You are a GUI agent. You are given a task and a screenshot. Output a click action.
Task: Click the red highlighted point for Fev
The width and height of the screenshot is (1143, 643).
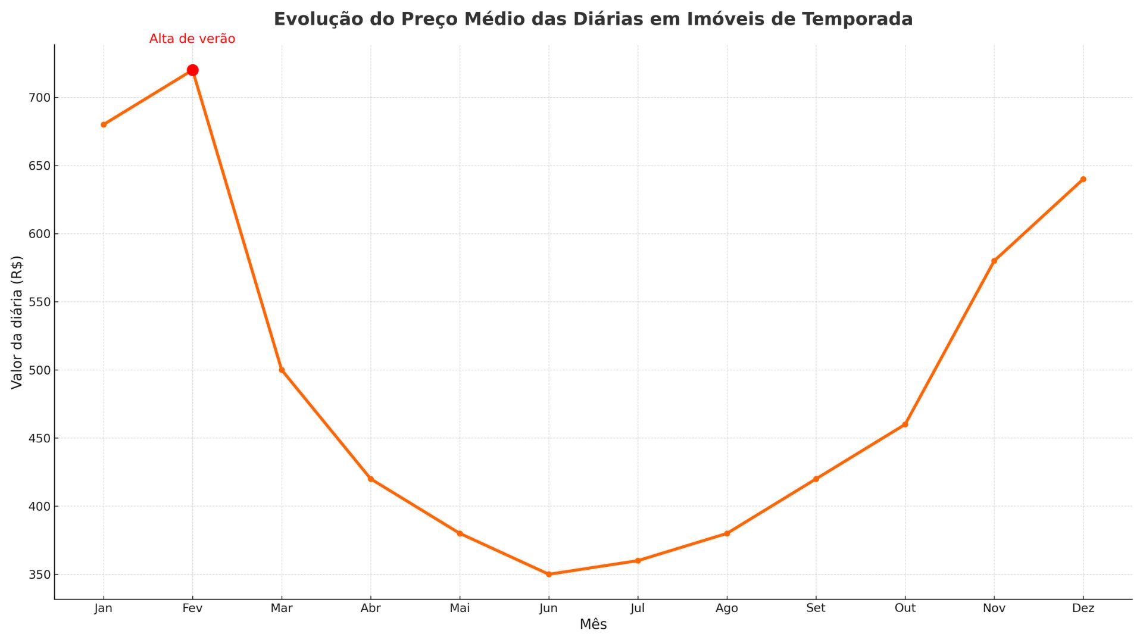[x=192, y=70]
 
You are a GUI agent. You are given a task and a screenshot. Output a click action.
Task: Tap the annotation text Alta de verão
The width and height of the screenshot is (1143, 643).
[x=192, y=39]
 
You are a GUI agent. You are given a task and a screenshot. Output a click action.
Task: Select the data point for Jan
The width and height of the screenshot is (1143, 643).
[x=104, y=125]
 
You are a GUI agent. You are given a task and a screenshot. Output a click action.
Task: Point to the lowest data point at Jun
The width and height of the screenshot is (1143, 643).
[x=549, y=575]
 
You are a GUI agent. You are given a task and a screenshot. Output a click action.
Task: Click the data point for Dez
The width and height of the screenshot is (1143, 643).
[x=1083, y=179]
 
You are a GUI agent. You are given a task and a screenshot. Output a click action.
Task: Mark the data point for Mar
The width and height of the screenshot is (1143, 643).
[x=282, y=370]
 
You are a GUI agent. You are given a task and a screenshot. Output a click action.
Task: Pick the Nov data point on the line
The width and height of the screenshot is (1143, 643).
[x=994, y=261]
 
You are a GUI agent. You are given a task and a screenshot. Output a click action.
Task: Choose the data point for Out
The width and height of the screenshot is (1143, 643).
[x=905, y=424]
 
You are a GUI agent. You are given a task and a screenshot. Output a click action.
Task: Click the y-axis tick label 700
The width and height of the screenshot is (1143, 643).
[x=39, y=98]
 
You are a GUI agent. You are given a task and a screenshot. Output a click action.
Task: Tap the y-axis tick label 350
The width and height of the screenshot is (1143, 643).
[x=39, y=575]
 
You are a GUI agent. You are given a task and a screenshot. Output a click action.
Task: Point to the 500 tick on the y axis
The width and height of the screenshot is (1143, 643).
[x=39, y=370]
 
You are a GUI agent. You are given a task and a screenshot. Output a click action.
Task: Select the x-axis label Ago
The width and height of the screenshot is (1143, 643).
[x=726, y=608]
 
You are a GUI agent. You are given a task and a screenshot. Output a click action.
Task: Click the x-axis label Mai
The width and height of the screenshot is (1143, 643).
[x=460, y=608]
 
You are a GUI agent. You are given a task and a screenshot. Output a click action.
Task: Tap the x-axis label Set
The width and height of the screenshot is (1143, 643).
[x=816, y=608]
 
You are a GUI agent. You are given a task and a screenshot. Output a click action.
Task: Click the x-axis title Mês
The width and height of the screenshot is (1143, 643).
[x=593, y=625]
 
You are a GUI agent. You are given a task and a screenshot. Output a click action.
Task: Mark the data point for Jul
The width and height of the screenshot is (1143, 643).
[x=638, y=561]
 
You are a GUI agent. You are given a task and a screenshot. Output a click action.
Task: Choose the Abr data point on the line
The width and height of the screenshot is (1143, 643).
[x=370, y=479]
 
